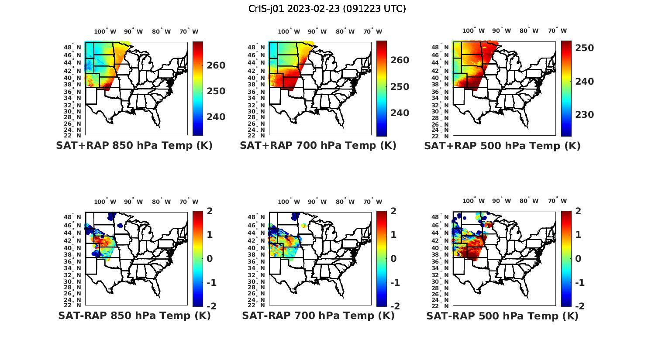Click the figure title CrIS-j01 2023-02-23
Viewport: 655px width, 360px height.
point(327,9)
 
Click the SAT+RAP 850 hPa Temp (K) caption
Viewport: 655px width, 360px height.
point(134,146)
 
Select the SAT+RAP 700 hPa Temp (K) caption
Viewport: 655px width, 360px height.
point(318,146)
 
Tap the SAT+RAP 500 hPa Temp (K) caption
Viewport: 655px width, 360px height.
point(502,146)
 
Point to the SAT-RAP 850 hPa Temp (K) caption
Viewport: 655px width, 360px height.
point(134,315)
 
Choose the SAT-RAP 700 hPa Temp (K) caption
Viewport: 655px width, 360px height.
point(318,315)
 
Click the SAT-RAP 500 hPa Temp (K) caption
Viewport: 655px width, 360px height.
point(502,315)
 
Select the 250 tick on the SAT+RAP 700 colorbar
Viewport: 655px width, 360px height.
point(400,87)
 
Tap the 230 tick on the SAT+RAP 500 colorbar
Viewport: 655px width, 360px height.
point(584,115)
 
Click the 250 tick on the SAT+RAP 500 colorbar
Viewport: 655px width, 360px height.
point(584,48)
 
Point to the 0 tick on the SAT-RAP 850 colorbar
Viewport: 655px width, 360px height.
point(209,259)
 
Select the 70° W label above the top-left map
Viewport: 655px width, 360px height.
point(189,31)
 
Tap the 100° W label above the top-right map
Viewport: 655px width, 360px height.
point(473,31)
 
